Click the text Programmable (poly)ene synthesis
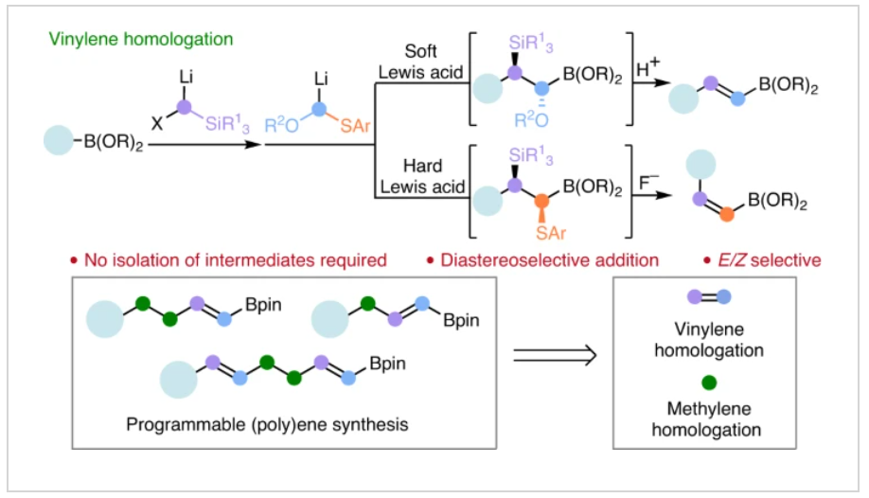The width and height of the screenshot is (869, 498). (267, 424)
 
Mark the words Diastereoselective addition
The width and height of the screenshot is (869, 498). (549, 258)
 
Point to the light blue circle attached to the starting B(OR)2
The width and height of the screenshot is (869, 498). (58, 144)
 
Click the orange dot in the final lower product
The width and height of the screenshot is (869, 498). (725, 215)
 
